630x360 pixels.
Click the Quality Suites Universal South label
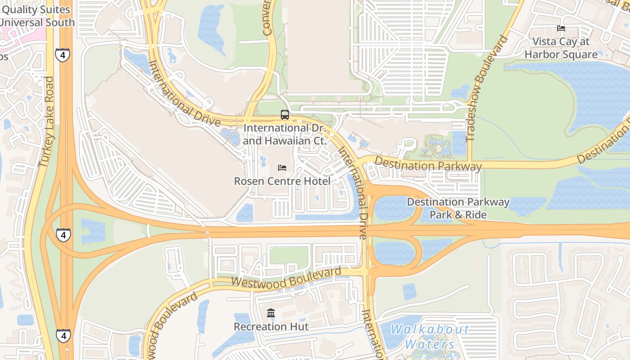click(x=37, y=16)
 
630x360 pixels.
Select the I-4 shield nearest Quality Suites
click(x=63, y=55)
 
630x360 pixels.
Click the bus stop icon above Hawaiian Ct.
click(x=284, y=115)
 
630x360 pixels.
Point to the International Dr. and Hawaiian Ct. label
click(x=284, y=135)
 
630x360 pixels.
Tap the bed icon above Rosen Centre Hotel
click(x=282, y=168)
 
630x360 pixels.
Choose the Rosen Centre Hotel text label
click(x=282, y=181)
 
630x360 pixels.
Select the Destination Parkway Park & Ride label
click(x=458, y=208)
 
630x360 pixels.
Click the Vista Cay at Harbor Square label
click(x=561, y=48)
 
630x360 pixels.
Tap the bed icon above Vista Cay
click(x=561, y=28)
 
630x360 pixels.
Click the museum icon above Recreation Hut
click(x=271, y=313)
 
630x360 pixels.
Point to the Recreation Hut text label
click(x=271, y=327)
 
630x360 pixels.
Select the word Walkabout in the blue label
click(x=429, y=330)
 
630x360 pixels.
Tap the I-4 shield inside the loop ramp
click(x=63, y=235)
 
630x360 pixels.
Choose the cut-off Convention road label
click(x=267, y=18)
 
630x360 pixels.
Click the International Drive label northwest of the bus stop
click(x=184, y=94)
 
